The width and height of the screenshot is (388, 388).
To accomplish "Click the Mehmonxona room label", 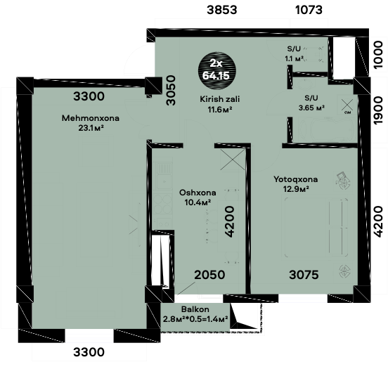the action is [x=91, y=118].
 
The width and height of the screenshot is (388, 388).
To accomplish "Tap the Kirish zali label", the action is [x=220, y=99].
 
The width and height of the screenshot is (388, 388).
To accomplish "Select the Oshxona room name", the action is [x=198, y=193].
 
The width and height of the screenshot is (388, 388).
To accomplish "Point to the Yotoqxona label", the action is [x=296, y=179].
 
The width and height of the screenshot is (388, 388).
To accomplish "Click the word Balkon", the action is [x=195, y=309].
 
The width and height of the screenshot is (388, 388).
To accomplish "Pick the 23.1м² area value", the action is [x=91, y=128].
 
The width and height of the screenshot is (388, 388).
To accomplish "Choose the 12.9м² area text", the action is [x=296, y=189].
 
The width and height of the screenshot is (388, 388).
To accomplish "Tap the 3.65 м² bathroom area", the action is [x=311, y=108].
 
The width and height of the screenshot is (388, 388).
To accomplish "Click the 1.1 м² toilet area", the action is [x=294, y=58].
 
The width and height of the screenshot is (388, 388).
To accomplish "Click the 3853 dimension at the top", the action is [x=222, y=10].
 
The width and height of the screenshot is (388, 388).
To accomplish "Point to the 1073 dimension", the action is [x=309, y=10].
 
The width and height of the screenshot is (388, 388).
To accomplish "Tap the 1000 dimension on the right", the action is [x=377, y=55].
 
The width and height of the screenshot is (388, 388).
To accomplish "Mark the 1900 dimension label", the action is [x=377, y=110].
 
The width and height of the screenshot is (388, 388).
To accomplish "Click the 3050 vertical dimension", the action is [x=171, y=91].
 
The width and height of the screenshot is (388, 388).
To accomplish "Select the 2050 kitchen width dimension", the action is [x=209, y=275].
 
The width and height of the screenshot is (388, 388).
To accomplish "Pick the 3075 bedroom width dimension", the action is [x=304, y=275].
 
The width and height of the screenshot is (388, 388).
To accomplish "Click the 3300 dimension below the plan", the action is [x=89, y=352].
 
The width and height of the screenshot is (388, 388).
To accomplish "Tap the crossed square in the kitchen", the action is [x=233, y=160].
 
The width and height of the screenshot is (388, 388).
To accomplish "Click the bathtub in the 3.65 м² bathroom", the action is [x=327, y=129].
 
